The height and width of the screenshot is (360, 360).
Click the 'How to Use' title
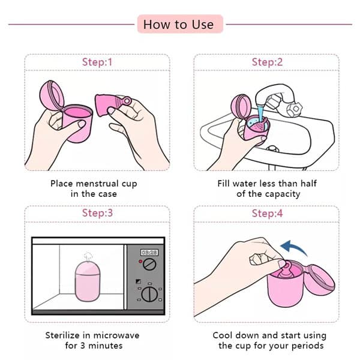[x=178, y=25]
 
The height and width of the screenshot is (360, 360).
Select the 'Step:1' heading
[x=97, y=62]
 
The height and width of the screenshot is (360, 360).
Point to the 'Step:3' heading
[x=97, y=214]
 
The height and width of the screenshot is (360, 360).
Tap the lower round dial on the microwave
[x=151, y=293]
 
